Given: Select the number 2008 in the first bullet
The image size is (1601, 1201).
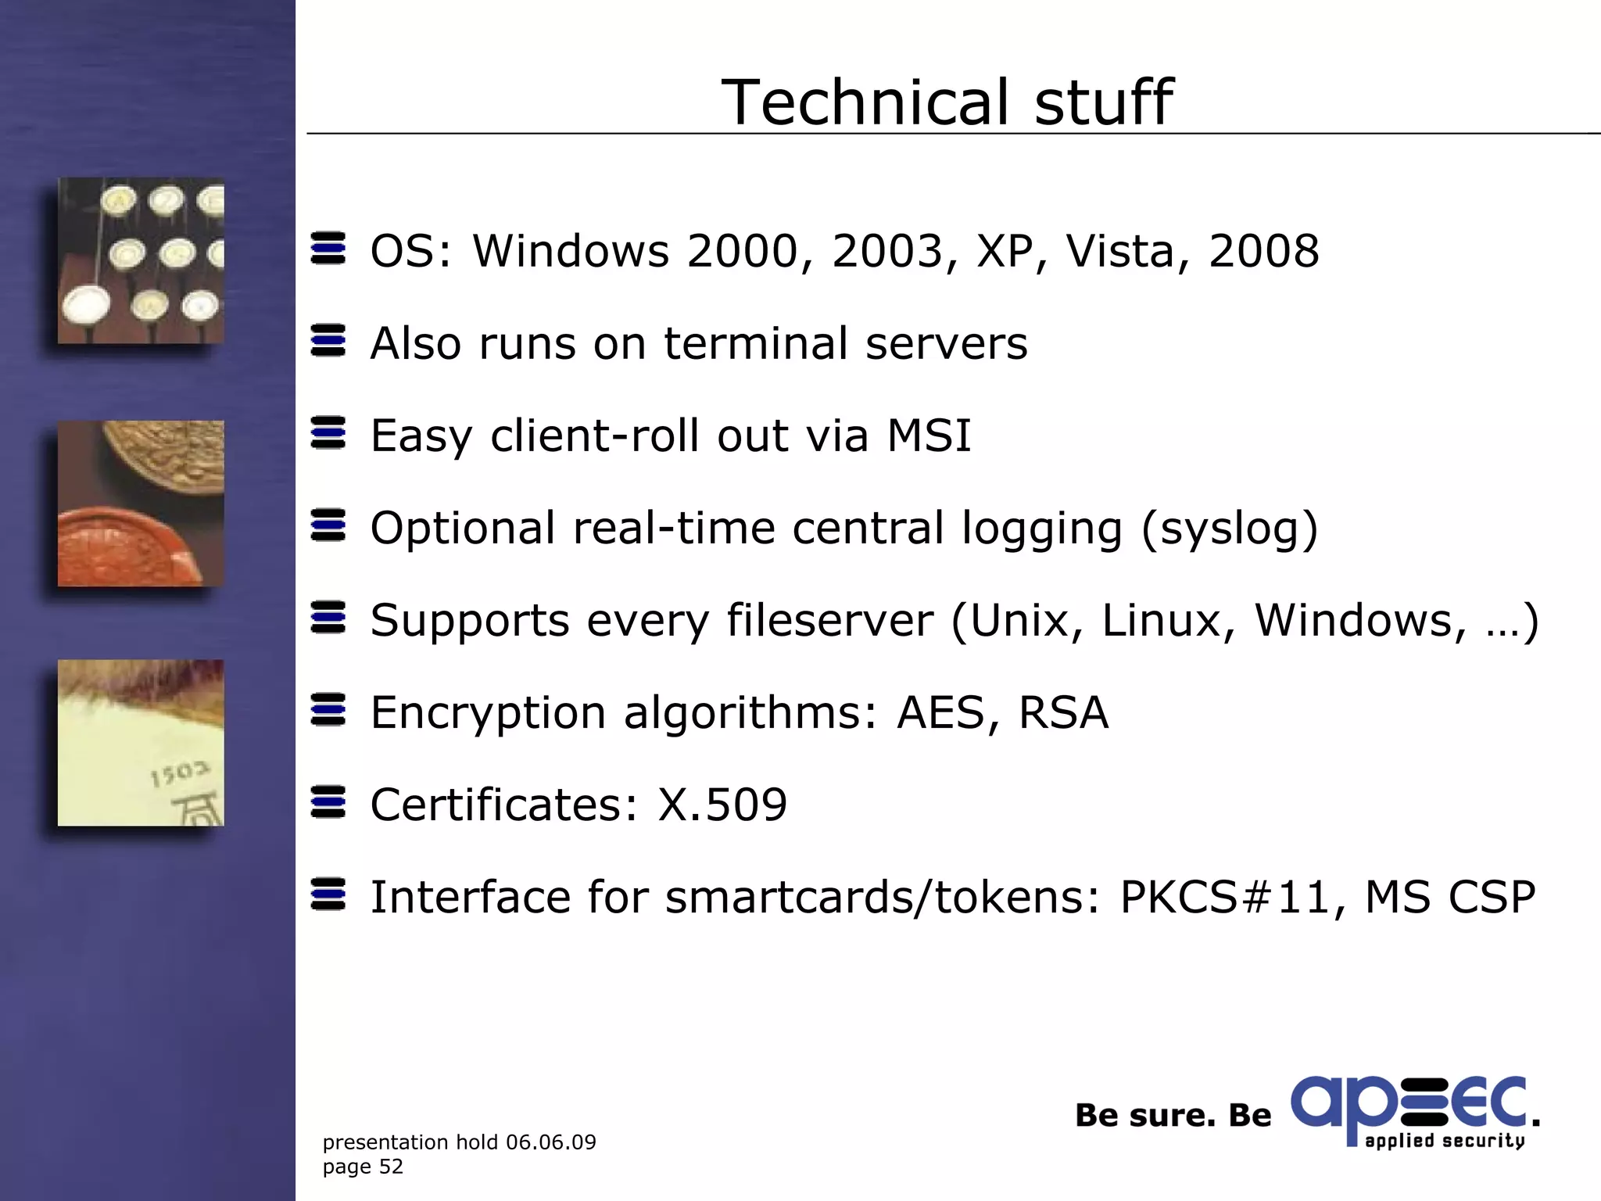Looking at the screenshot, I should coord(1263,252).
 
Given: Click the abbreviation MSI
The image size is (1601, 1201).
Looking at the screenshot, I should coord(929,436).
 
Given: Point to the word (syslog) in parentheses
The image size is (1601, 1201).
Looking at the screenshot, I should coord(1230,529).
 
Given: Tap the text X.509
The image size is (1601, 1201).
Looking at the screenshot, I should coord(722,805).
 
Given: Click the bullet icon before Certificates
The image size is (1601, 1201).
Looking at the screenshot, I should coord(328,802).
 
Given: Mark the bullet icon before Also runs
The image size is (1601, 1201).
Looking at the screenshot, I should coord(328,341).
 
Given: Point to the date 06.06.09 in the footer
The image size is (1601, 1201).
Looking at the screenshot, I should coord(550,1142).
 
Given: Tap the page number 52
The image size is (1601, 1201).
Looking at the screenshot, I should coord(391,1167).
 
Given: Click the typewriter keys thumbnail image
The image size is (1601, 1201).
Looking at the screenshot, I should coord(141,260).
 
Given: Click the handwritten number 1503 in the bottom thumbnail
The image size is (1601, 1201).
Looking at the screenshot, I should coord(180,773).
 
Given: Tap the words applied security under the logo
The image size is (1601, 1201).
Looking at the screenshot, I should coord(1445,1141).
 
